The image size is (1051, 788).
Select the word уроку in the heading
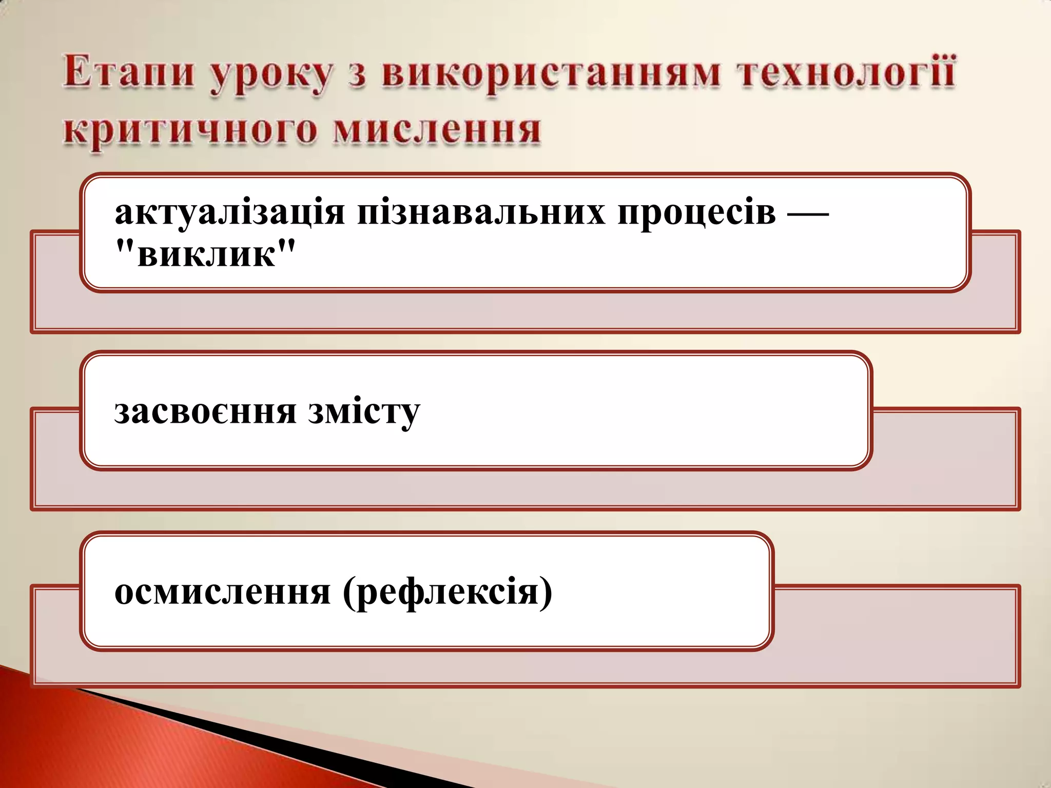[271, 75]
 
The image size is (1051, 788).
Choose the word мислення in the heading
[437, 129]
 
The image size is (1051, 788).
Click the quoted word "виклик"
[206, 254]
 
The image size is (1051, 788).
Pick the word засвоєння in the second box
[205, 411]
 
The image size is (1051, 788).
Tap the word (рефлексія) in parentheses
[447, 593]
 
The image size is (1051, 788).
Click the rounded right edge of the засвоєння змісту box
[869, 410]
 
